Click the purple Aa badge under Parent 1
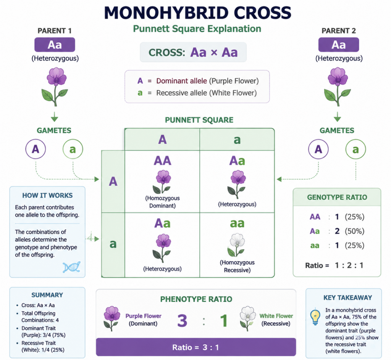pos(55,45)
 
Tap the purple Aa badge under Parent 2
pos(339,45)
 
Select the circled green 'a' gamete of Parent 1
pos(73,149)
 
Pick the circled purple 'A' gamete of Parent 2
pos(318,149)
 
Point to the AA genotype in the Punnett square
pos(162,161)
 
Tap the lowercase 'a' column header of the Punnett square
pos(237,140)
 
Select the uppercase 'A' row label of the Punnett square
pos(113,181)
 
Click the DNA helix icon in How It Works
pos(71,267)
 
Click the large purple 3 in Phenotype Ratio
pos(182,320)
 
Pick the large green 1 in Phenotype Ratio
pos(224,320)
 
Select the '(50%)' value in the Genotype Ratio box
pos(354,231)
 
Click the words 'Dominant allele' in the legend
pos(181,81)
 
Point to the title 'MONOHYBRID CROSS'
pos(197,13)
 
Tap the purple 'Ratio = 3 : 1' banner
pos(196,347)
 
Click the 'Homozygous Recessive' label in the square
pos(237,266)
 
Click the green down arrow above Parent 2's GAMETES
pos(338,117)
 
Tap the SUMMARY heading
pos(47,295)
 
